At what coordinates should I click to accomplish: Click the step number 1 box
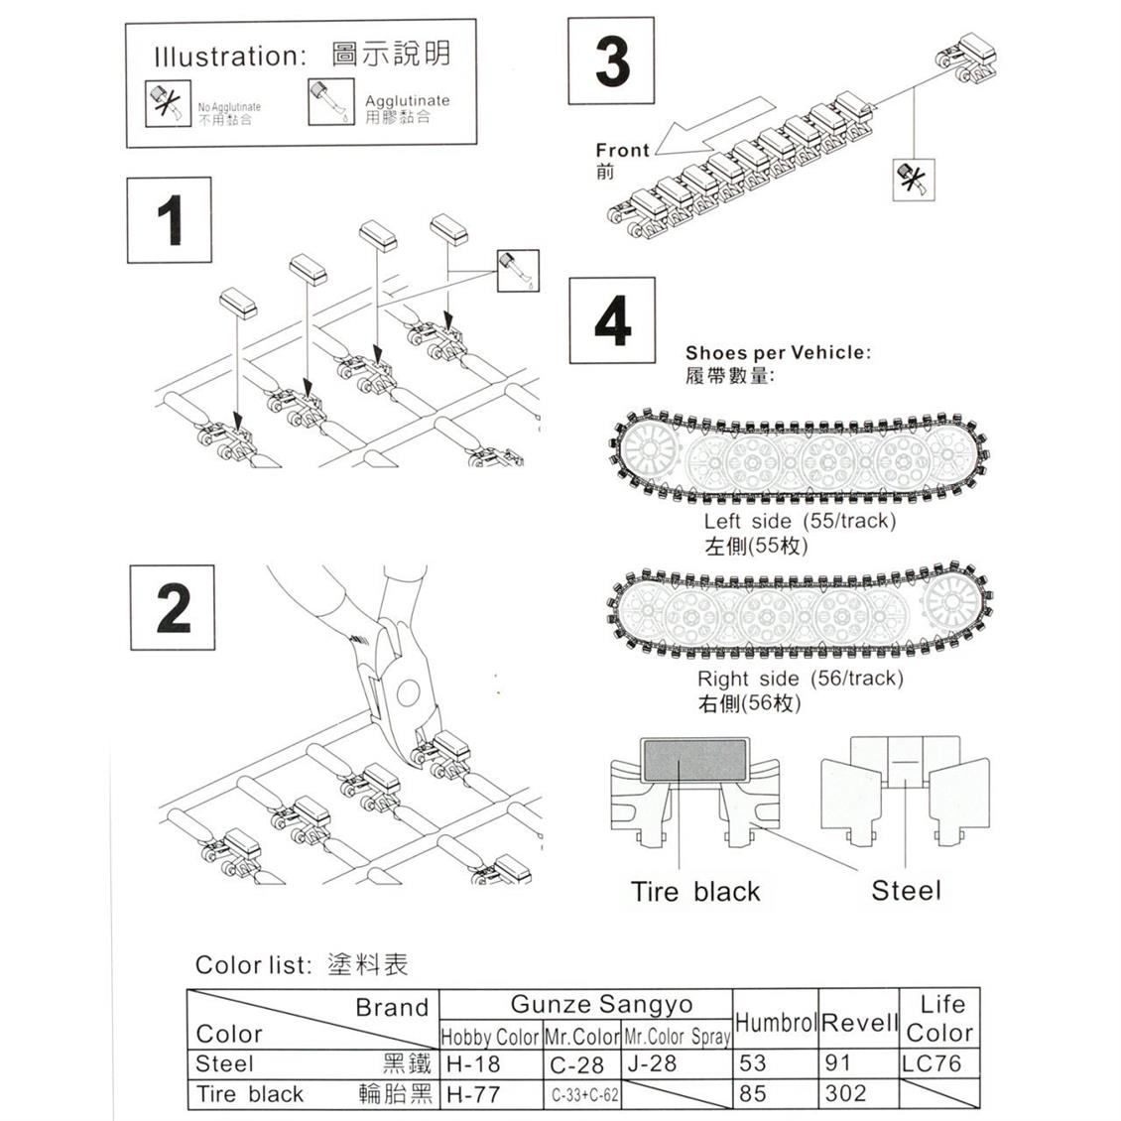(169, 220)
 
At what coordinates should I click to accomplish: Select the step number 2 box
(173, 607)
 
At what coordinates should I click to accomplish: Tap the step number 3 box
(611, 61)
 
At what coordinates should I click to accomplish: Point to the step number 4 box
(612, 320)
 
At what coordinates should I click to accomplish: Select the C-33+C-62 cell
(583, 1095)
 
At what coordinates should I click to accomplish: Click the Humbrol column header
(776, 1022)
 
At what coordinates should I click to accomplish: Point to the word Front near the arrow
(622, 151)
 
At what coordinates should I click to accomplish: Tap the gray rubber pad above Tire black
(693, 760)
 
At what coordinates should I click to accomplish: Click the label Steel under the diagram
(906, 891)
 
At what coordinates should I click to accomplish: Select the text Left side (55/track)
(799, 522)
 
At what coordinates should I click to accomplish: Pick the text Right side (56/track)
(800, 679)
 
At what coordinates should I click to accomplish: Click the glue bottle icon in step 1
(517, 270)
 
